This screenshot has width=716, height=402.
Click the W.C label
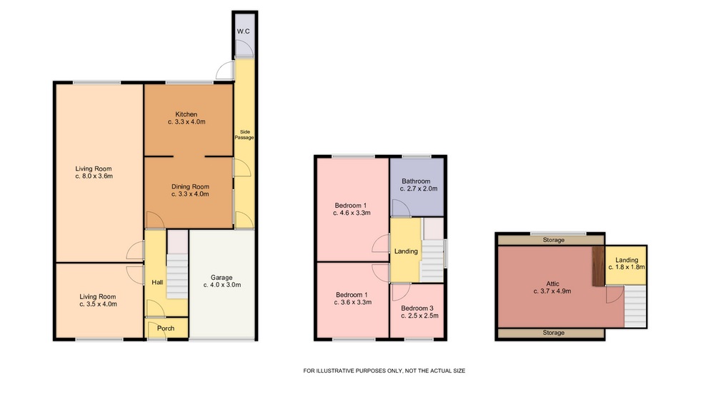tap(244, 31)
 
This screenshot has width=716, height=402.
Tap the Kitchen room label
tap(187, 114)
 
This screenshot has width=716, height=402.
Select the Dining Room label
tap(190, 186)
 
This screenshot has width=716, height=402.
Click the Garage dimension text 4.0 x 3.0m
tap(222, 285)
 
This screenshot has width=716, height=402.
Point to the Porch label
tap(166, 328)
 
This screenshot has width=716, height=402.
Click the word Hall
tap(157, 283)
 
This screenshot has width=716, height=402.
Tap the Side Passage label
tap(244, 135)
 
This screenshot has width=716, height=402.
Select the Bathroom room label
tap(416, 181)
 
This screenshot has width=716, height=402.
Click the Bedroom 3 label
tap(417, 308)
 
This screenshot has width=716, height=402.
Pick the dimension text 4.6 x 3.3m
tap(352, 213)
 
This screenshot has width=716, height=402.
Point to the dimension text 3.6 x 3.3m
tap(352, 302)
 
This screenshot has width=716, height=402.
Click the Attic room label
tap(552, 283)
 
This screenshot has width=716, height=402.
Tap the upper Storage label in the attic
tap(554, 240)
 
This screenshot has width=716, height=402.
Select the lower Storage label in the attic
tap(554, 333)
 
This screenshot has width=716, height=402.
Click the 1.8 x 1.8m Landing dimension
tap(627, 267)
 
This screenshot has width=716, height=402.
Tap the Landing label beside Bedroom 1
tap(406, 251)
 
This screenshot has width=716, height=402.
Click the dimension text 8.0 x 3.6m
tap(94, 176)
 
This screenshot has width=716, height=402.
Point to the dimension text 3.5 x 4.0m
tap(98, 304)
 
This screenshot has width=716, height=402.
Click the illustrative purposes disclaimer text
tap(384, 371)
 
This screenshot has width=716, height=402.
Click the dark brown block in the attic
tap(597, 266)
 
